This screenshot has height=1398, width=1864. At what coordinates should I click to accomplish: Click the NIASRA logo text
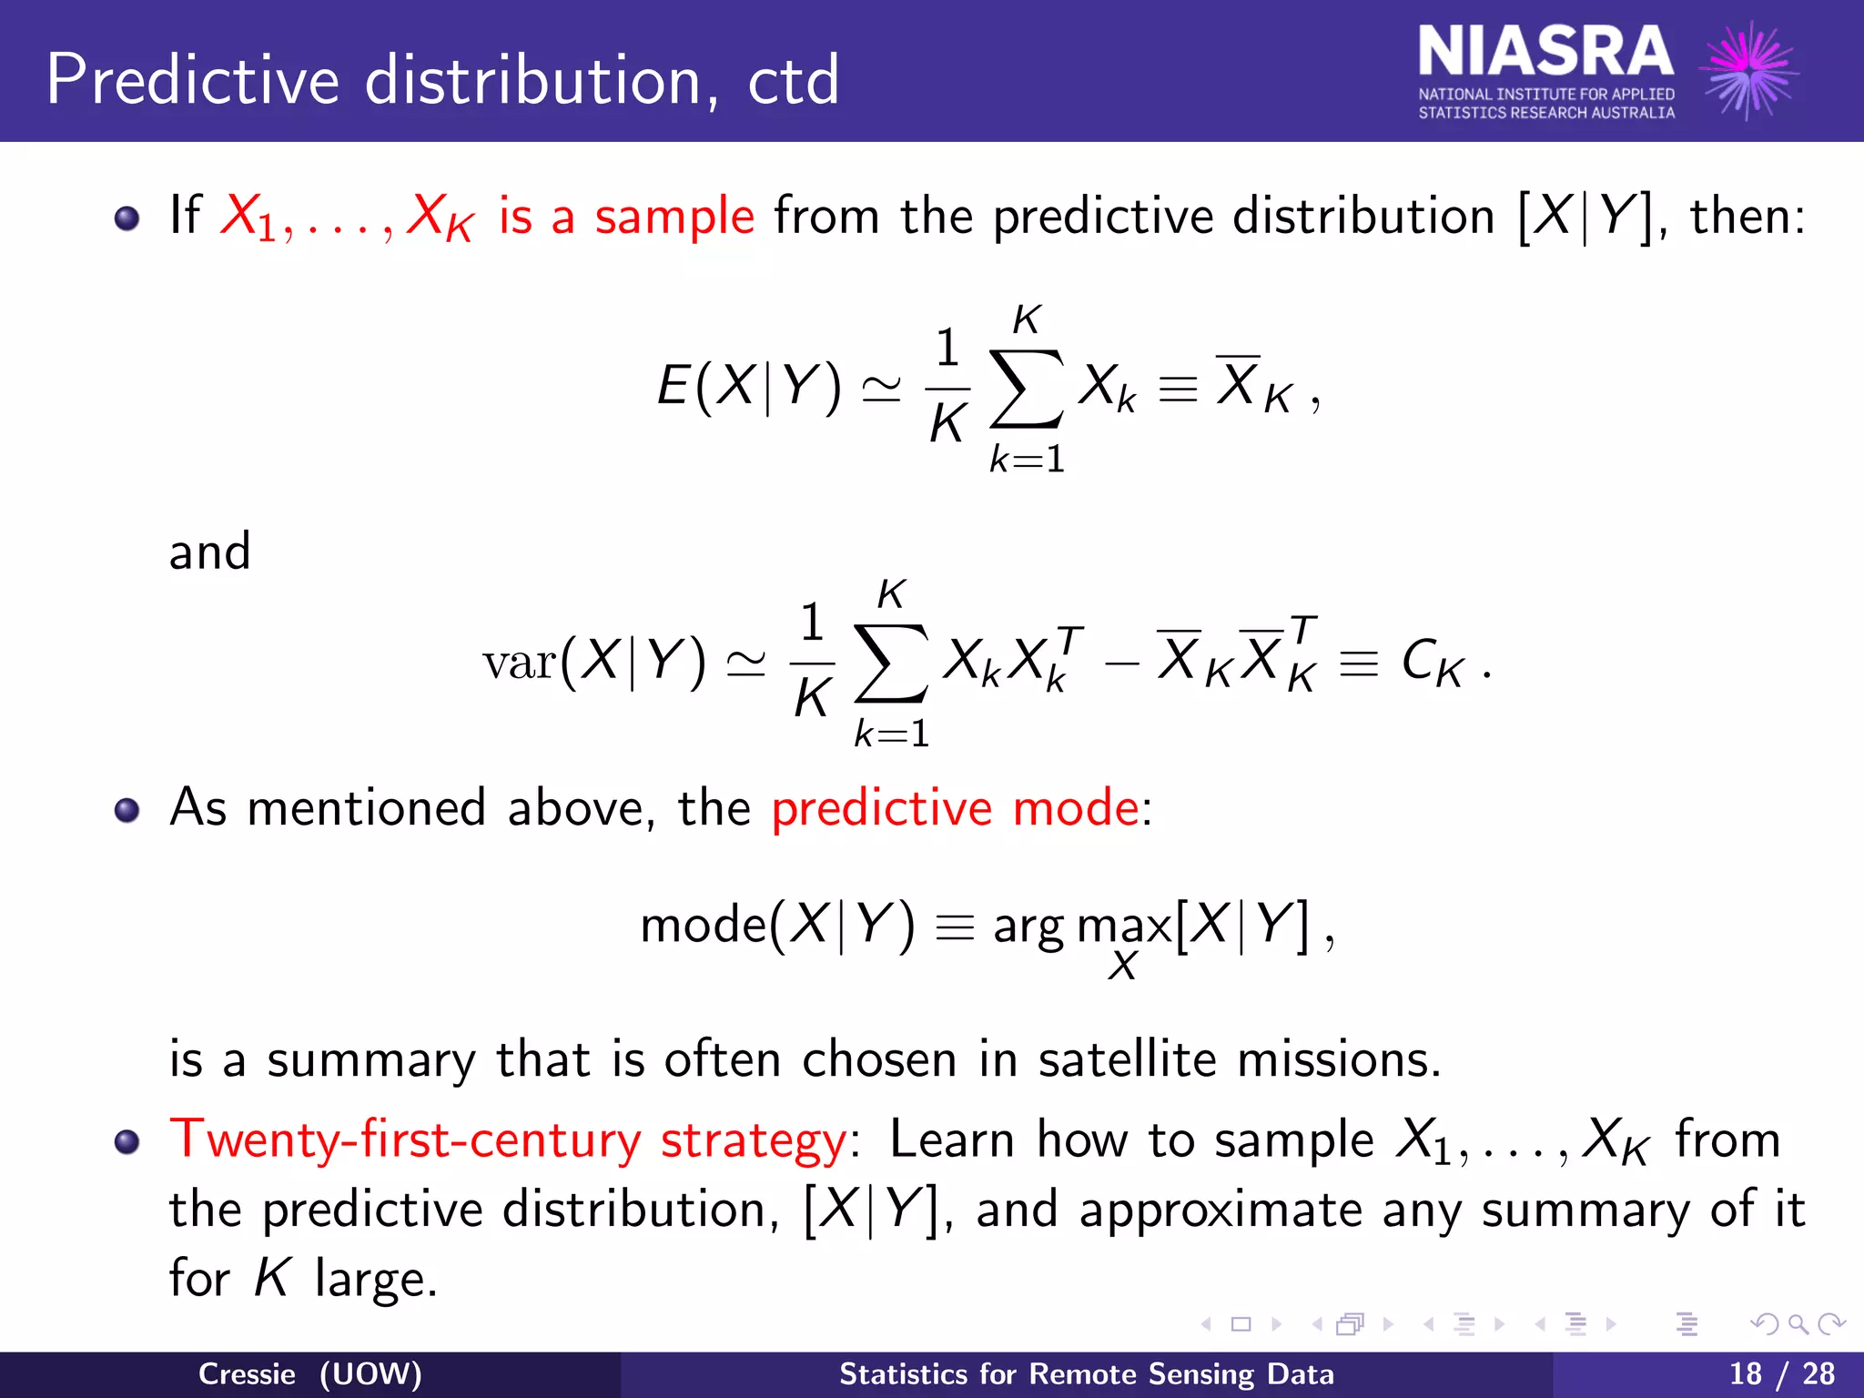click(1545, 53)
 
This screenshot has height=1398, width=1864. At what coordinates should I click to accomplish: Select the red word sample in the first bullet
click(674, 217)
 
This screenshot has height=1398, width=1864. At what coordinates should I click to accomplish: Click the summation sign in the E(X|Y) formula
click(1026, 389)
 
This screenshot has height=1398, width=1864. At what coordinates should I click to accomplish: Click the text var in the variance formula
click(520, 662)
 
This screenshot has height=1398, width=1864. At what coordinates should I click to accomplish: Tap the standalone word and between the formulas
click(209, 552)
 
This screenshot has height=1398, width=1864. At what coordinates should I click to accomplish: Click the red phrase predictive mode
click(955, 808)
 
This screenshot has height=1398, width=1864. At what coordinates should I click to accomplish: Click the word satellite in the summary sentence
click(1127, 1059)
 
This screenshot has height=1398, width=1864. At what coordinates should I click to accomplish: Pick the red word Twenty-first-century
click(405, 1140)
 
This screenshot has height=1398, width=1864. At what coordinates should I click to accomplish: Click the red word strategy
click(754, 1141)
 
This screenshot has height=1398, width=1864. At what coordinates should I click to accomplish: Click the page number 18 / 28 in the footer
click(1781, 1373)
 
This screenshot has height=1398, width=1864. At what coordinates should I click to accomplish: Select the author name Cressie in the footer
click(247, 1373)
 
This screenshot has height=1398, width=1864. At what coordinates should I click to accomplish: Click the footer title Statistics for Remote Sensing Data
click(1086, 1373)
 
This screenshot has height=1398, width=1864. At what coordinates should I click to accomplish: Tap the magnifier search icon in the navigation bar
click(1798, 1324)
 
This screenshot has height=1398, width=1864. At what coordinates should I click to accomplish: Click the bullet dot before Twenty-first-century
click(127, 1141)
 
